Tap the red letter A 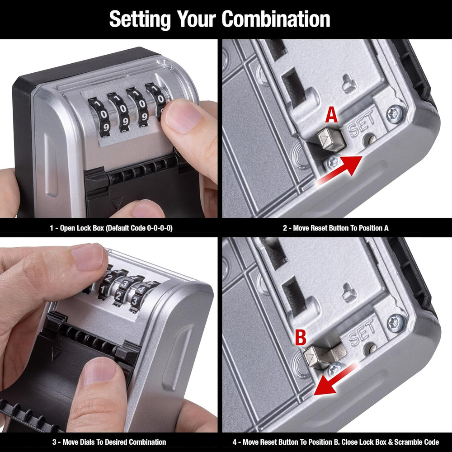coord(331,116)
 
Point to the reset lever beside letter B coord(323,354)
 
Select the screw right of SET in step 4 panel coord(396,323)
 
